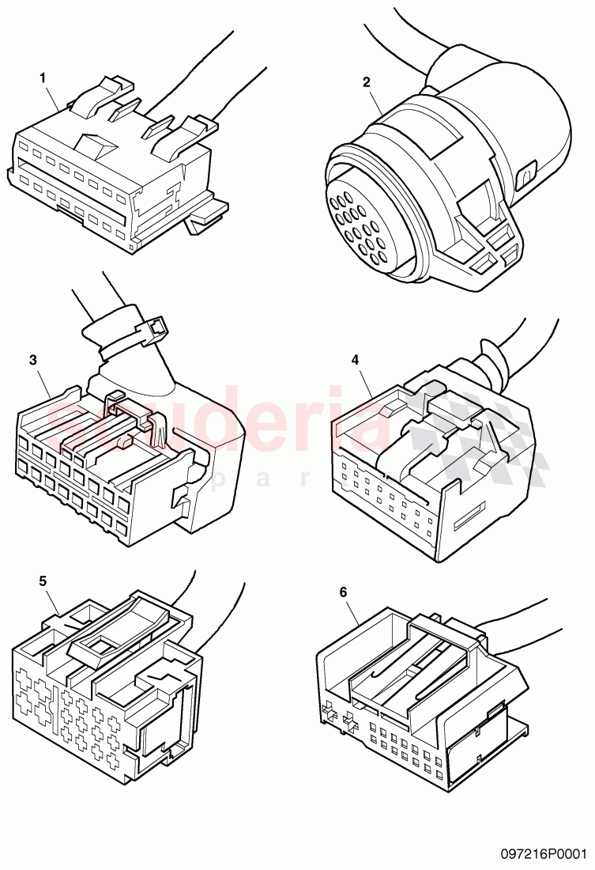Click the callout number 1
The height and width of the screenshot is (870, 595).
click(x=43, y=78)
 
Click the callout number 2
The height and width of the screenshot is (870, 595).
click(x=366, y=81)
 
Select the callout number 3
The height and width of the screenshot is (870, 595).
click(x=32, y=360)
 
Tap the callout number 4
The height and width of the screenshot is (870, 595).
click(x=356, y=359)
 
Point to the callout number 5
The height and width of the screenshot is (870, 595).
click(x=43, y=580)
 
